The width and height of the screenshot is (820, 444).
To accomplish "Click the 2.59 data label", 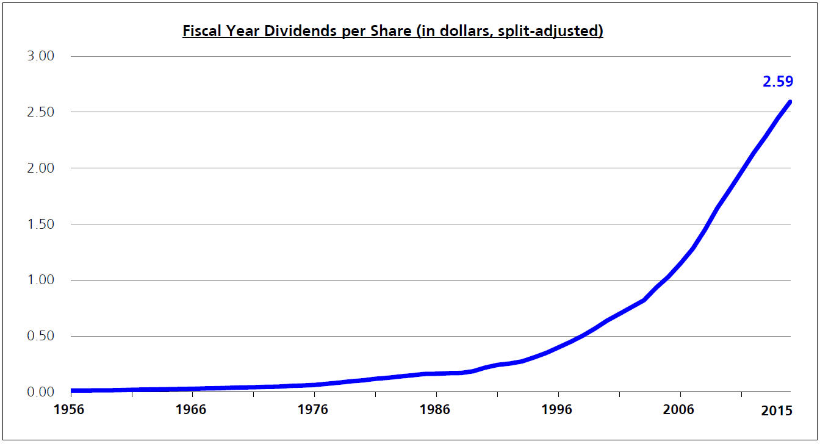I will pos(777,81).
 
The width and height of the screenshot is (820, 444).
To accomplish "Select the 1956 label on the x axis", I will pos(71,410).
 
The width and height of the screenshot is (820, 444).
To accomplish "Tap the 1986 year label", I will pos(436,410).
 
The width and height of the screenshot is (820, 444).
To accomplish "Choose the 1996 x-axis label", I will pos(558,410).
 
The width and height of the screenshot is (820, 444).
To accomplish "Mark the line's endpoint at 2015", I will pos(789,102).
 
